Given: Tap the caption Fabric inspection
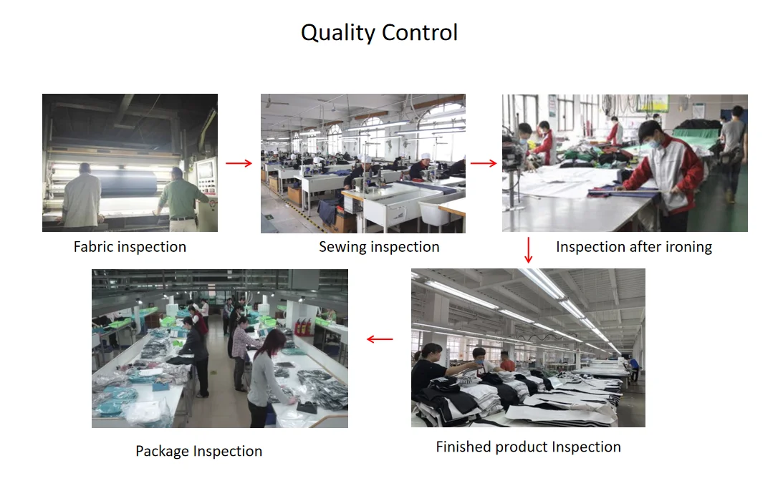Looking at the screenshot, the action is tap(130, 247).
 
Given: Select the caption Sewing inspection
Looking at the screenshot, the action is tap(379, 247).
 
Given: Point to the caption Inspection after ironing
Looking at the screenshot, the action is tap(634, 247).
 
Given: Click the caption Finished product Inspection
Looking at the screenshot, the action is tap(528, 447).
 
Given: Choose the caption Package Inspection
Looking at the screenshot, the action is tap(198, 452).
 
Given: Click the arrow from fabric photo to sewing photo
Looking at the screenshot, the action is tap(239, 163).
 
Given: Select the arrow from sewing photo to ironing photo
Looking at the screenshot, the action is tap(484, 163).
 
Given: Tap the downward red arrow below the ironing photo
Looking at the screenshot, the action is tap(529, 250).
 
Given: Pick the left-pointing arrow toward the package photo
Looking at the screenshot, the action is tap(380, 339).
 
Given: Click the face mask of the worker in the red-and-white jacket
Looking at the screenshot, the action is tap(653, 145).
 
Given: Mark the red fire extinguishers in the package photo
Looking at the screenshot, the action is tap(303, 326).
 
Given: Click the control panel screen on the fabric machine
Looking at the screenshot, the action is tap(205, 170).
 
